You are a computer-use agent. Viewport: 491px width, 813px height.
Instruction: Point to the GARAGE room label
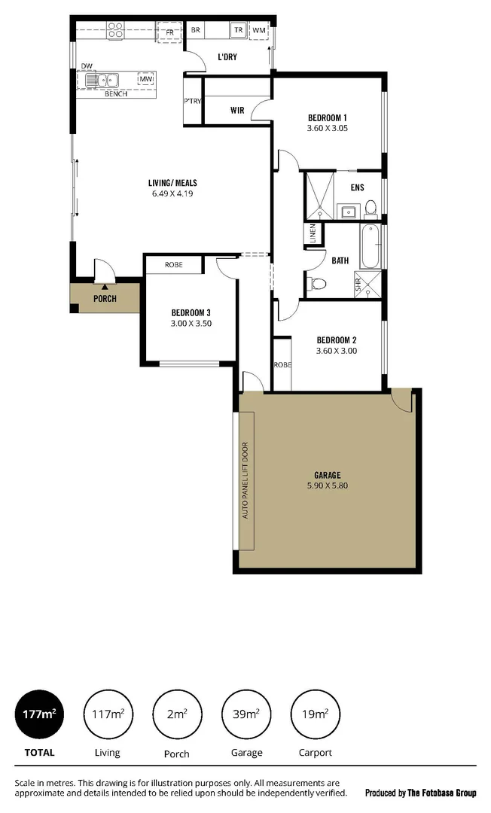(328, 475)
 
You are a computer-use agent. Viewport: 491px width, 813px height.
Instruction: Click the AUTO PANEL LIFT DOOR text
(245, 480)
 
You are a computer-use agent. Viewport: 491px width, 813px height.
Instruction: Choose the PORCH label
(105, 299)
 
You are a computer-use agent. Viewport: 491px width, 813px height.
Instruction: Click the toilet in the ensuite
(370, 209)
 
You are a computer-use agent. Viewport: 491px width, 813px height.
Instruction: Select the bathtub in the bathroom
(370, 248)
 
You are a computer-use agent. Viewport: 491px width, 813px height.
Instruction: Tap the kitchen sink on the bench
(102, 79)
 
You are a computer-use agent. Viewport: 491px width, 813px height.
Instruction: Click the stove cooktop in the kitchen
(115, 31)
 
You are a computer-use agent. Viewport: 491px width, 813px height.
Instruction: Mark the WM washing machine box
(260, 30)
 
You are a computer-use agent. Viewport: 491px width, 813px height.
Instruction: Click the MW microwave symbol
(146, 79)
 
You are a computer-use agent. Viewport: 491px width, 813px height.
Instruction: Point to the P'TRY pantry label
(192, 102)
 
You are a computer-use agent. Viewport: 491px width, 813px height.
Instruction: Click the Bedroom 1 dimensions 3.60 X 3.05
(327, 129)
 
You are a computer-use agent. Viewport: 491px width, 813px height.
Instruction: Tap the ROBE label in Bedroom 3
(174, 265)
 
